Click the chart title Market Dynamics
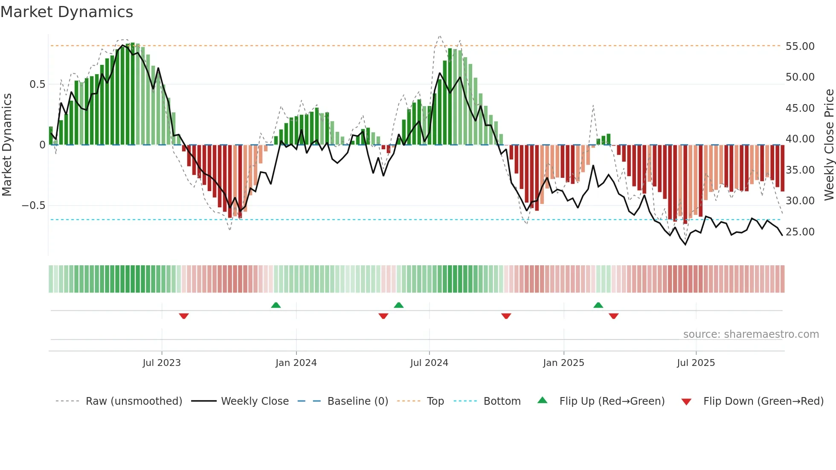point(67,12)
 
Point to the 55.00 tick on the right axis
point(800,46)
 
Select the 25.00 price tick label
point(800,232)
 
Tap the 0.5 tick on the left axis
point(37,84)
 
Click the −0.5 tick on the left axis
point(34,206)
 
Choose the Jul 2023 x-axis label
point(162,363)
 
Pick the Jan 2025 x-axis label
point(563,363)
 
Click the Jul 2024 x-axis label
point(429,363)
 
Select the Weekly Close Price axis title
point(829,145)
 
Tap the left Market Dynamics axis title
point(7,145)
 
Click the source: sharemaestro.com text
point(751,334)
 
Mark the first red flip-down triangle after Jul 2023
point(184,316)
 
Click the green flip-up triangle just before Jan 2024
point(276,305)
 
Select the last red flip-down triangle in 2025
point(614,316)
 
